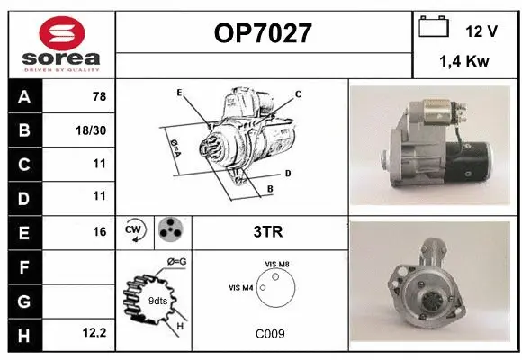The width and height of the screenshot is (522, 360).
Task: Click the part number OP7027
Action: [x=263, y=34]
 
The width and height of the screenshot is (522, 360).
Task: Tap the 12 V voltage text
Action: [x=482, y=31]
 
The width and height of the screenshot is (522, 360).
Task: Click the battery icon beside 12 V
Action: [x=434, y=28]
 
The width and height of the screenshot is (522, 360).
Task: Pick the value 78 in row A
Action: [x=98, y=96]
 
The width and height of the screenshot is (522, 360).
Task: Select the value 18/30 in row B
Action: [x=94, y=130]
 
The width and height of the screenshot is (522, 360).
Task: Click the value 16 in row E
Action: [x=98, y=230]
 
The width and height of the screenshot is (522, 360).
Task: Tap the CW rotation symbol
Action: [x=135, y=230]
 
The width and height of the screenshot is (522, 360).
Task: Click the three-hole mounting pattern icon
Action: [x=171, y=230]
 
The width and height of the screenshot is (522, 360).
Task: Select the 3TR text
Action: [x=269, y=231]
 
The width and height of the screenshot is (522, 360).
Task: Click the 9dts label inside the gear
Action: [x=157, y=301]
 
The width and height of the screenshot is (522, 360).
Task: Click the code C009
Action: [x=269, y=333]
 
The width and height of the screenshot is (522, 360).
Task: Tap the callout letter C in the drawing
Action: [x=298, y=94]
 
